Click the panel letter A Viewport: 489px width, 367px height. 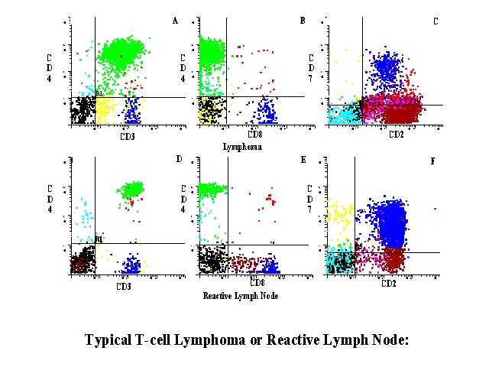175,21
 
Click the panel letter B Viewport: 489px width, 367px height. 303,21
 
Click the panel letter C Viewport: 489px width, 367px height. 435,21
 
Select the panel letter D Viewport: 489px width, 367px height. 178,159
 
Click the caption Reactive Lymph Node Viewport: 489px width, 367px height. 241,294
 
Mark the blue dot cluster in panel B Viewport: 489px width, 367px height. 266,111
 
